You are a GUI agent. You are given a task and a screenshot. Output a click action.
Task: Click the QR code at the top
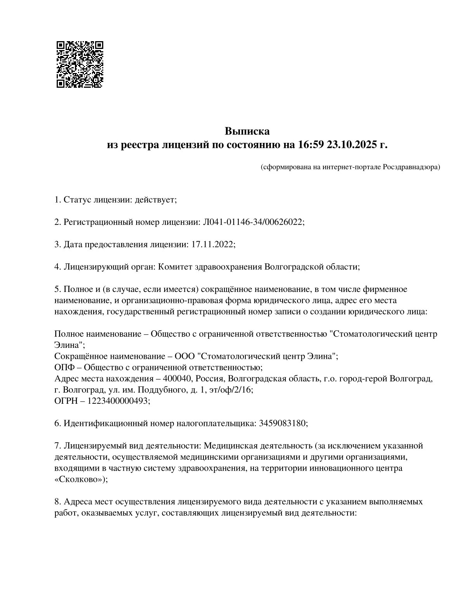[80, 64]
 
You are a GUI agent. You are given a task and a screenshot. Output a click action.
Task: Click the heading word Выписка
[247, 131]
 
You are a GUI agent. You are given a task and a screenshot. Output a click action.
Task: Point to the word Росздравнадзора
[411, 167]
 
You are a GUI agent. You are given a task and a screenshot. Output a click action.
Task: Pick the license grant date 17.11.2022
[213, 244]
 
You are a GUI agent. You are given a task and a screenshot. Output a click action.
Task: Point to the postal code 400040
[177, 379]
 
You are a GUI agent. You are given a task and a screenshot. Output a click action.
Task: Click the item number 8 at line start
[57, 502]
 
